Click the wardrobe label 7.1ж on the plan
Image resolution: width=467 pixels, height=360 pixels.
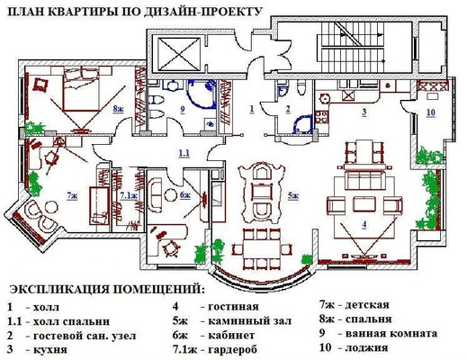pyautogui.click(x=129, y=193)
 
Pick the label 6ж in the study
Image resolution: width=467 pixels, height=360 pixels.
pyautogui.click(x=184, y=193)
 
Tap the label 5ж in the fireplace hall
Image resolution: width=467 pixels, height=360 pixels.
pyautogui.click(x=292, y=193)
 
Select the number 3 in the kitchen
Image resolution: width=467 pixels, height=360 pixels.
pyautogui.click(x=364, y=112)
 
